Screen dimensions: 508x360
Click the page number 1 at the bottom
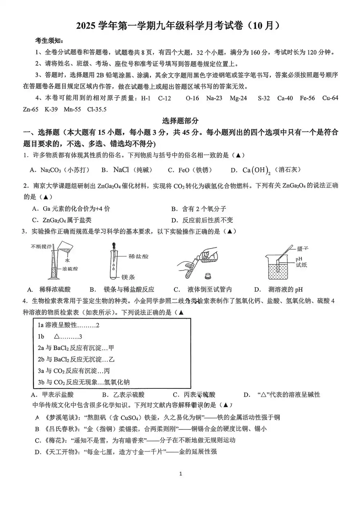pyautogui.click(x=180, y=473)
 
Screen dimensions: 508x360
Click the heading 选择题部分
pyautogui.click(x=180, y=121)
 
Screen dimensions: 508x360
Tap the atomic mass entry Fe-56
pyautogui.click(x=307, y=98)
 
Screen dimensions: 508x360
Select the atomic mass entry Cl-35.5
pyautogui.click(x=97, y=110)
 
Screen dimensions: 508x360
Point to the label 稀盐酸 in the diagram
pyautogui.click(x=138, y=257)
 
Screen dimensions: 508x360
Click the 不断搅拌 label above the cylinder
pyautogui.click(x=41, y=246)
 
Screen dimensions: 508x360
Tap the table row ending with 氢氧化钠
pyautogui.click(x=84, y=382)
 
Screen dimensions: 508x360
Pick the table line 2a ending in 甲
pyautogui.click(x=76, y=348)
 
